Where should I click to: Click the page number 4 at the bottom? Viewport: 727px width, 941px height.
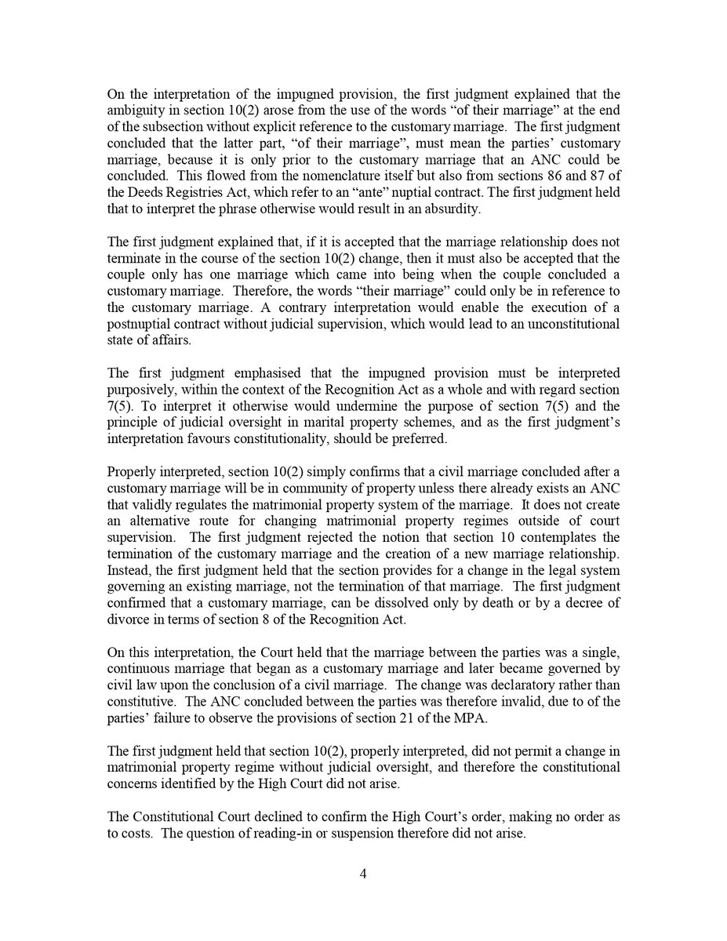pos(363,874)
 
